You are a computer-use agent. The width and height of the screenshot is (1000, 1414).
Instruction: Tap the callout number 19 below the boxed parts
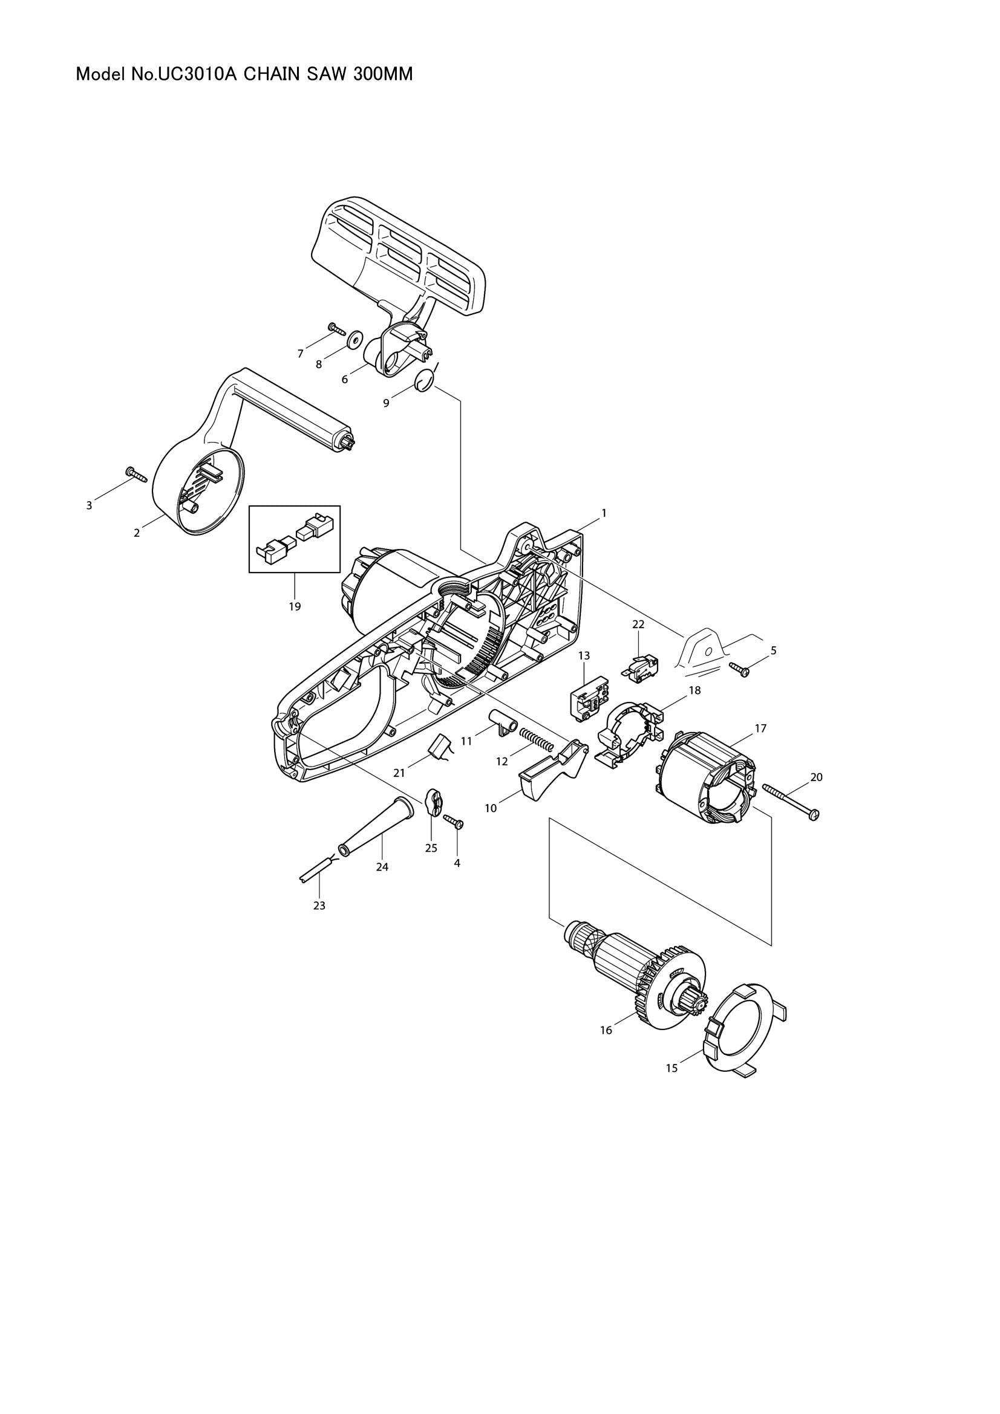[x=295, y=606]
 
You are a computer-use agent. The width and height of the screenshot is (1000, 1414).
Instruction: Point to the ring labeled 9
[x=423, y=381]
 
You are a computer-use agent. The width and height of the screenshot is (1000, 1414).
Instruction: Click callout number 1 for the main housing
[x=604, y=513]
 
